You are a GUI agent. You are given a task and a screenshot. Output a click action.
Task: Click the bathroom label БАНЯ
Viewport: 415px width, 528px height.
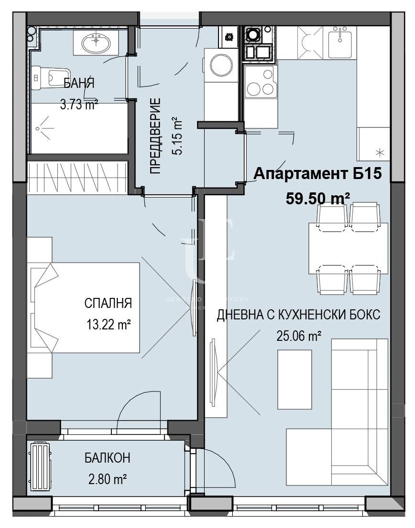(x=79, y=84)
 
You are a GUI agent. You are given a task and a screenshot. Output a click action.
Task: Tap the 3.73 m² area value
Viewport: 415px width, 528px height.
(x=79, y=105)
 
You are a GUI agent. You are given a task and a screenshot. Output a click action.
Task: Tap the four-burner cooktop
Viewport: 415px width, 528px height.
(x=260, y=82)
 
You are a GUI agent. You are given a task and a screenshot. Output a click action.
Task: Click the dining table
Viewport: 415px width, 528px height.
(x=348, y=248)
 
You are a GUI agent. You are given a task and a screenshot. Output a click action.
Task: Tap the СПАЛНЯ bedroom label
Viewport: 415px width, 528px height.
(x=108, y=304)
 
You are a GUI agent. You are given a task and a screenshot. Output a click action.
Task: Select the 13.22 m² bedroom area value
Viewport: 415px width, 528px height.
(x=108, y=325)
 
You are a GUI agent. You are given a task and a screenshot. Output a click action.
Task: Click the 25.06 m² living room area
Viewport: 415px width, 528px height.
(x=298, y=336)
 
